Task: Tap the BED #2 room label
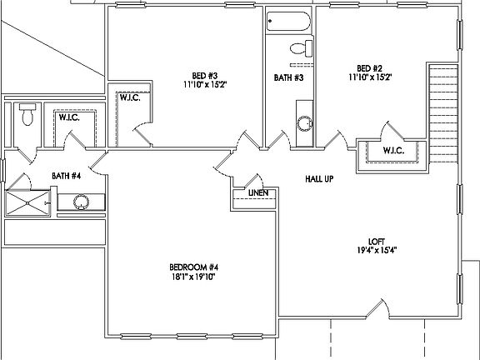point(369,68)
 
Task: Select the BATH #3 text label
point(288,78)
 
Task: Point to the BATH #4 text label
point(66,176)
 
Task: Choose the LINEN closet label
point(257,192)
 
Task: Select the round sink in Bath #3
point(305,124)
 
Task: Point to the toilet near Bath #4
point(27,115)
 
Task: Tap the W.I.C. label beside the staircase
point(393,151)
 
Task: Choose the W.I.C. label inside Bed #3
point(129,97)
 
